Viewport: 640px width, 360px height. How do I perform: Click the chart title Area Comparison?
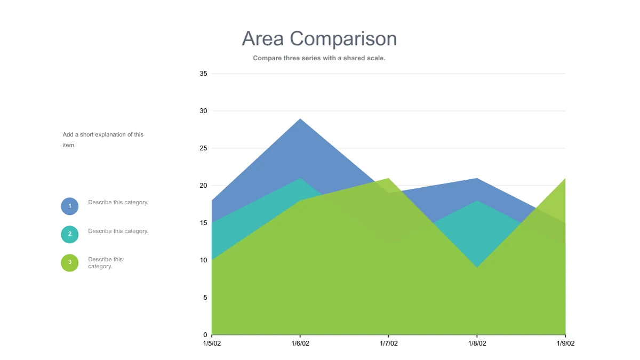(x=319, y=39)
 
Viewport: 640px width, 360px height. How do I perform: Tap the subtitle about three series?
(x=319, y=58)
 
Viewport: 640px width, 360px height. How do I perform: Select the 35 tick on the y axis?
(x=203, y=74)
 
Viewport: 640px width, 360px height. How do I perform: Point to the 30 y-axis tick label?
(x=203, y=111)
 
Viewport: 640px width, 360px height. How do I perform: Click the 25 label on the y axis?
(x=203, y=148)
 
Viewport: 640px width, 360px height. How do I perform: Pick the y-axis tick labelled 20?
(x=203, y=186)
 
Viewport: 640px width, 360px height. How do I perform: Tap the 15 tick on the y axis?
(x=203, y=223)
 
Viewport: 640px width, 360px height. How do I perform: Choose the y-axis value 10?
(x=203, y=260)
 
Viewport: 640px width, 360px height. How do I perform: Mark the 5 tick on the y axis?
(x=205, y=298)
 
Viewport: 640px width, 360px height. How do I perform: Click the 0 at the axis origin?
(x=205, y=335)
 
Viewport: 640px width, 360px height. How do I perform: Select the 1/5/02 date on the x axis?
(x=212, y=343)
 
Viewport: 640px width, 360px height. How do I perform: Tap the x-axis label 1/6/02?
(x=300, y=343)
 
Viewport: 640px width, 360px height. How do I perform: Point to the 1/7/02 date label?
(x=389, y=343)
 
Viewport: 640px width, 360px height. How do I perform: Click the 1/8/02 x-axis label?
(x=477, y=343)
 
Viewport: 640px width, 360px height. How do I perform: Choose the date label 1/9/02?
(x=565, y=343)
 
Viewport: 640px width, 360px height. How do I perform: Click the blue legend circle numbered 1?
(x=70, y=206)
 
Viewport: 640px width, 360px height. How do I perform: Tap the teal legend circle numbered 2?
(x=70, y=235)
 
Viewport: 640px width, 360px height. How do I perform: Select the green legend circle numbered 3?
(x=70, y=263)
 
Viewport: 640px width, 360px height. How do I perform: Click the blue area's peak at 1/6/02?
(x=300, y=119)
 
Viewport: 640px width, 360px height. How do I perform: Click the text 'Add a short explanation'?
(x=94, y=134)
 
